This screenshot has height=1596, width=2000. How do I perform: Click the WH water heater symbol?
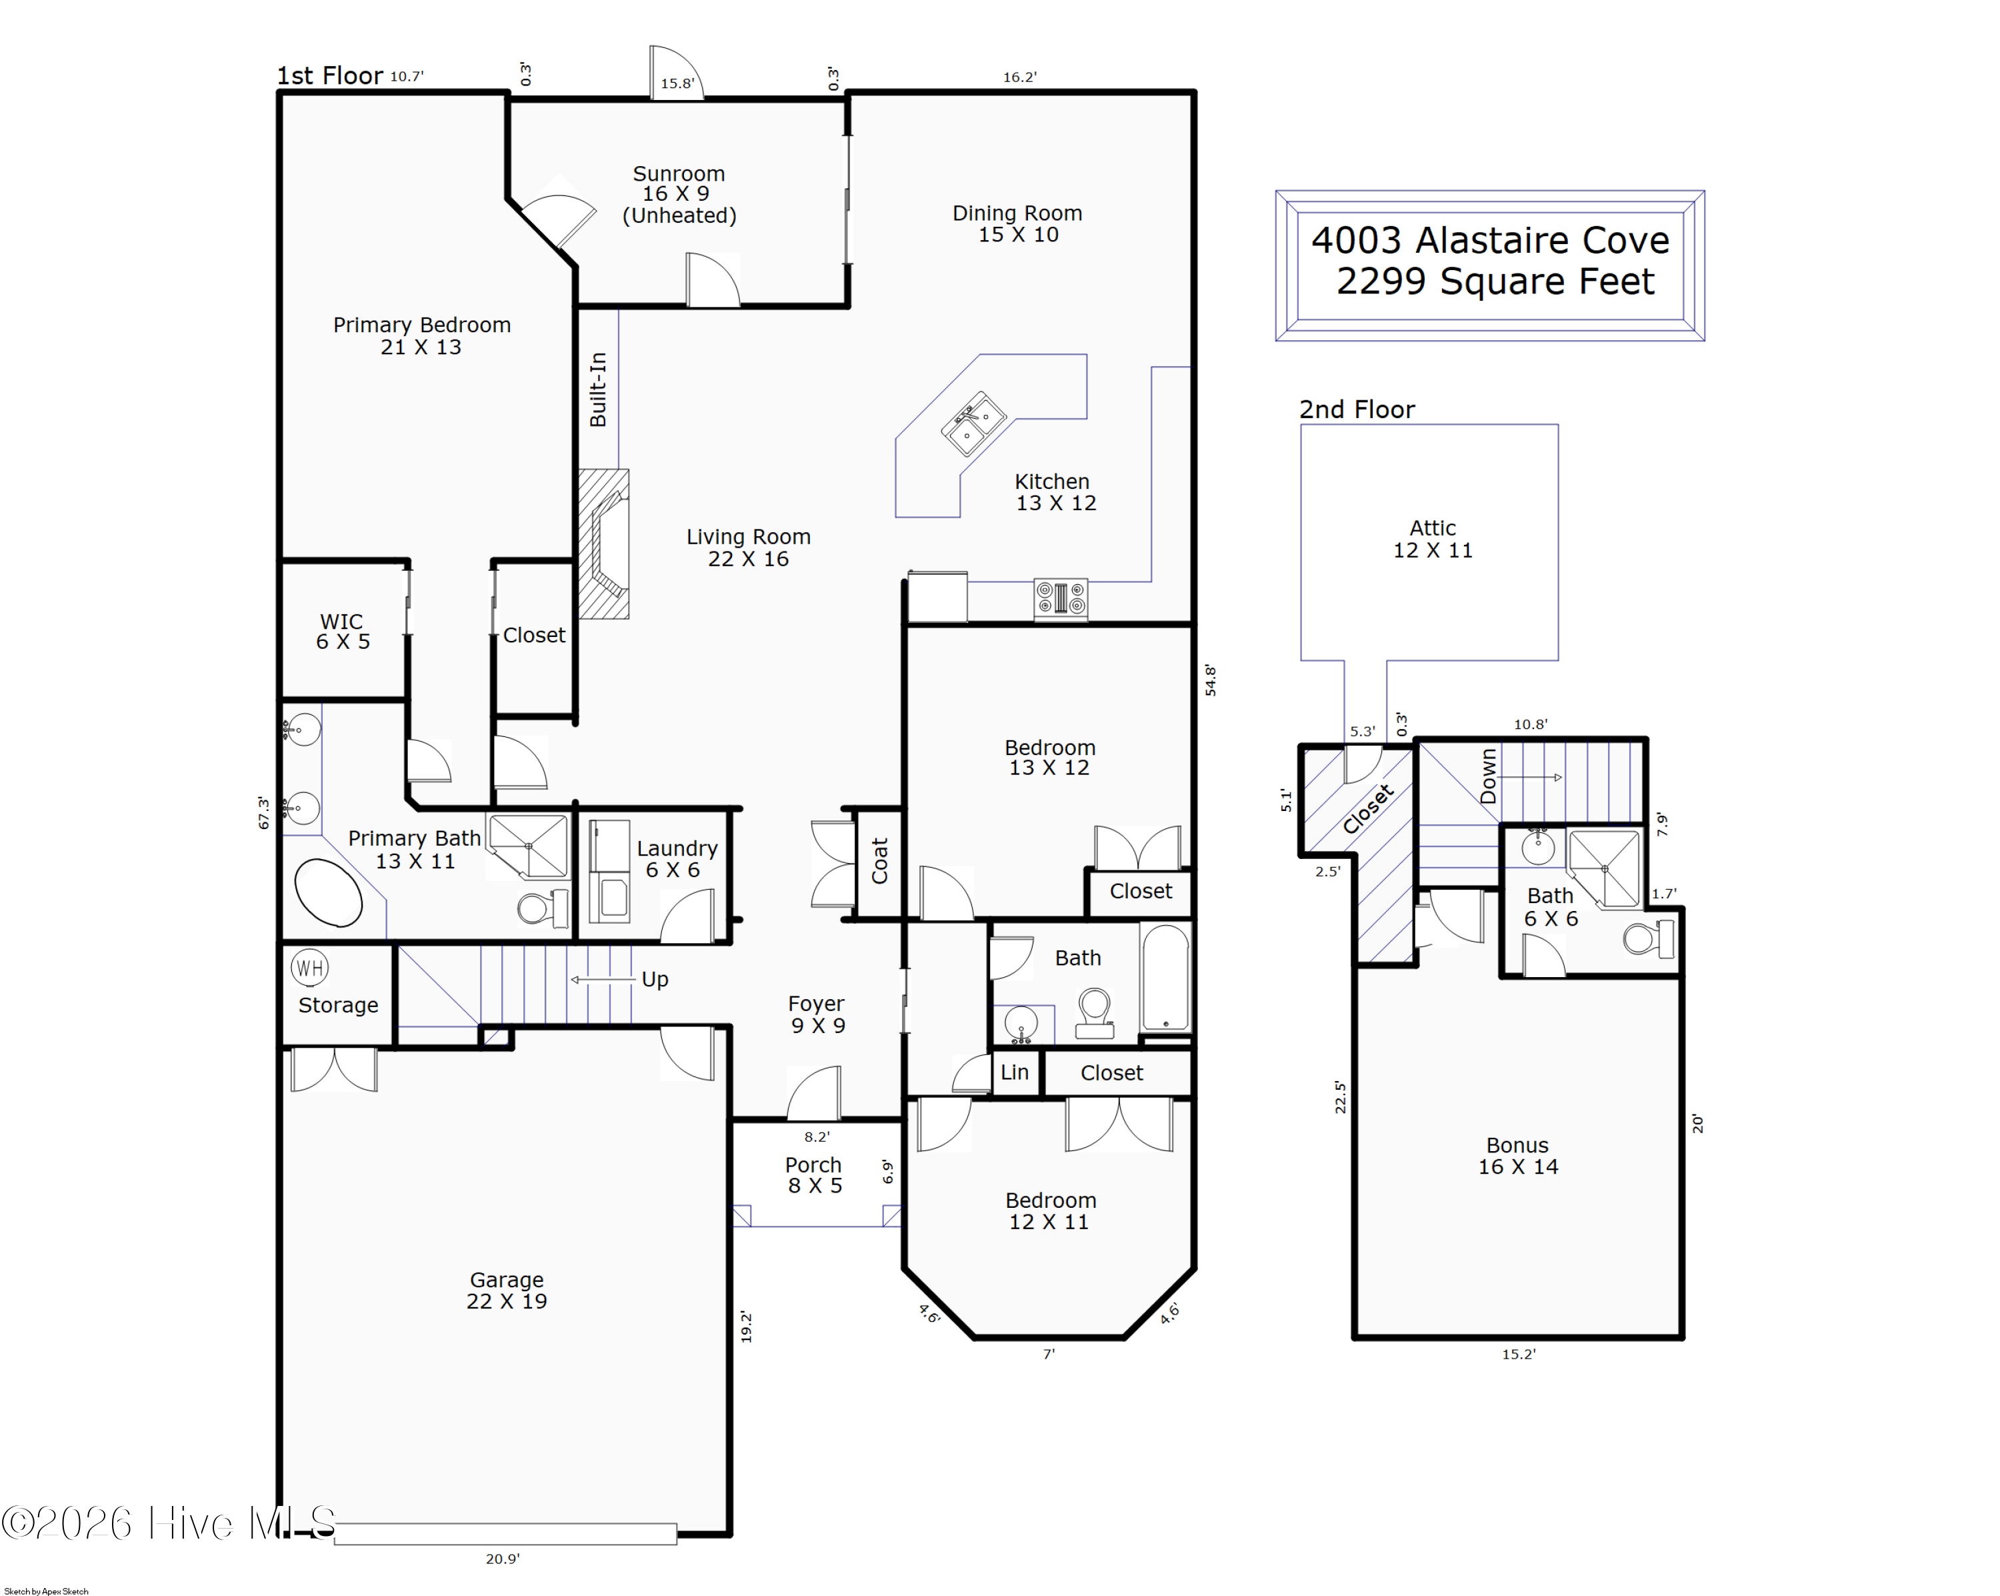(x=310, y=968)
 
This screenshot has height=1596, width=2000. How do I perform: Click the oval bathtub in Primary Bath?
(x=329, y=892)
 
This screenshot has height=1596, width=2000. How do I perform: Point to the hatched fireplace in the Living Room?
(x=604, y=544)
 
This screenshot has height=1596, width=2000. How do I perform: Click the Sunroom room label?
(x=679, y=173)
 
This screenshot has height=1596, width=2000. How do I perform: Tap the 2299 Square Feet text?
(x=1495, y=281)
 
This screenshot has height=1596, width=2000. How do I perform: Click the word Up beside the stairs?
(x=655, y=980)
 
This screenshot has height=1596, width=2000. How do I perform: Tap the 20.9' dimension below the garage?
(x=503, y=1559)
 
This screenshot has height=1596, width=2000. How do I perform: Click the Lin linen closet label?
(x=1014, y=1072)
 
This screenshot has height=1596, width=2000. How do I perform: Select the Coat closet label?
(x=879, y=860)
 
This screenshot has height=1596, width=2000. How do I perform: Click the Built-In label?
(x=598, y=389)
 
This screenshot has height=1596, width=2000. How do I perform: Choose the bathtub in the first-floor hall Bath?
(x=1165, y=977)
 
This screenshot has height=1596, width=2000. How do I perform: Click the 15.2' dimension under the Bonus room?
(x=1519, y=1354)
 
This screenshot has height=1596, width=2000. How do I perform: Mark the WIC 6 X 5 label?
(x=342, y=631)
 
